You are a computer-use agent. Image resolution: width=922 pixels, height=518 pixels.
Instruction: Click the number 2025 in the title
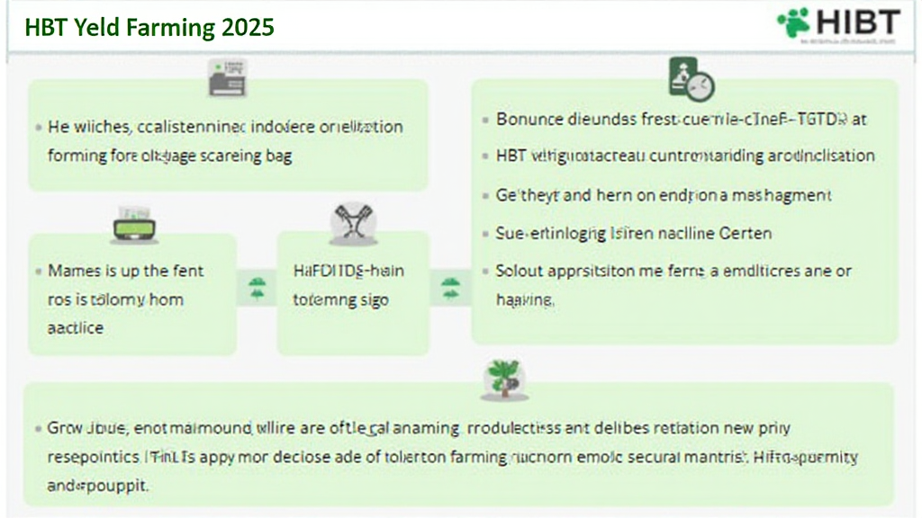[246, 27]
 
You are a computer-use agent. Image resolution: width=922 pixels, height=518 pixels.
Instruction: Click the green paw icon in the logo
[794, 22]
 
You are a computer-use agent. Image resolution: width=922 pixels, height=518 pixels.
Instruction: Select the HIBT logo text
[855, 22]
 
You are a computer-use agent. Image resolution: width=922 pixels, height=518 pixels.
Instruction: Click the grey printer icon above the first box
[227, 78]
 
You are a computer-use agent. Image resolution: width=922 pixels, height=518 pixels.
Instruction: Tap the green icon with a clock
[691, 79]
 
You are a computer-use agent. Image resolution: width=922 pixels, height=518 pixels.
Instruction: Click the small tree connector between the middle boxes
[258, 289]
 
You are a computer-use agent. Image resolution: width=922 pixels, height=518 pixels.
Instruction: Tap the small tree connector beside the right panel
[450, 289]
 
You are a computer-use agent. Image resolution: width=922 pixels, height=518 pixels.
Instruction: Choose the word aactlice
[75, 328]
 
